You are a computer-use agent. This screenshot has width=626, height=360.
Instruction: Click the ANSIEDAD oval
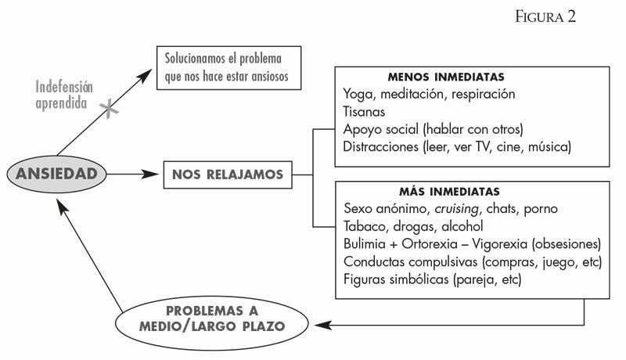pos(56,174)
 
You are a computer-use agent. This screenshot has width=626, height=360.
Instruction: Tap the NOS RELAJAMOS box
pos(228,175)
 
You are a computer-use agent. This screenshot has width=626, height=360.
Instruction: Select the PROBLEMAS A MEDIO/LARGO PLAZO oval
pos(211,323)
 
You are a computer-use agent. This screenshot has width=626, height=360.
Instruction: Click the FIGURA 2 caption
pos(545,16)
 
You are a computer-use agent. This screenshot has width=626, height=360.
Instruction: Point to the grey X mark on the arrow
pos(109,109)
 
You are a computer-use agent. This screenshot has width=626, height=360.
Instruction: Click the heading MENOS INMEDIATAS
pos(446,77)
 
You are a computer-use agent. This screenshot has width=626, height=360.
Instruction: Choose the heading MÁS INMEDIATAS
pos(449,192)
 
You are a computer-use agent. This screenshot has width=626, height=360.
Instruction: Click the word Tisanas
pos(364,112)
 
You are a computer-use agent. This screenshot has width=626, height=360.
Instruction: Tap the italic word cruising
pos(457,209)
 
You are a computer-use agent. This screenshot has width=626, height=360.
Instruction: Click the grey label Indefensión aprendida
pos(64,95)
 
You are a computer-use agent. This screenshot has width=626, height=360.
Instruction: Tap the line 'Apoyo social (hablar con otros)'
pos(433,129)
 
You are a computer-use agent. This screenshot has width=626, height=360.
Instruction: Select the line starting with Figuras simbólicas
pos(433,279)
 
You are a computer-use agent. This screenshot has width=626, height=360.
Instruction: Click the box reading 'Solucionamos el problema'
pos(228,68)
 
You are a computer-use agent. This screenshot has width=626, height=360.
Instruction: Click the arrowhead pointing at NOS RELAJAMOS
pos(151,174)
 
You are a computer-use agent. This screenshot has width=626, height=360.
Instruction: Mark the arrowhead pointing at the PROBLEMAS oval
pos(322,325)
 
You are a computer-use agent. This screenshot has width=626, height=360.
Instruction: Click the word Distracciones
pos(380,147)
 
